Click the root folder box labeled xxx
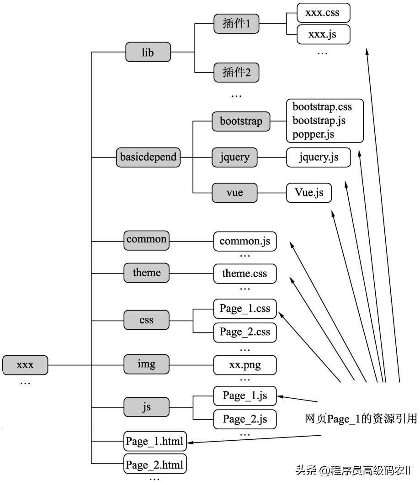coord(25,365)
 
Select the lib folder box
coord(148,53)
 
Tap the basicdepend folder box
coord(148,158)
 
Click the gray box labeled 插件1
coord(236,24)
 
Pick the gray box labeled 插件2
coord(236,72)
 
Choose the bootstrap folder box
coord(241,121)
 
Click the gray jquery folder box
coord(235,158)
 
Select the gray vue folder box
coord(234,193)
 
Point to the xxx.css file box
coord(323,13)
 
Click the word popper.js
coord(314,134)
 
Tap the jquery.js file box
coord(319,158)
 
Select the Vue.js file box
coord(308,193)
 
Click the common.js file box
coord(245,241)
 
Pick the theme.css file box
coord(245,274)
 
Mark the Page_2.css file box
coord(245,331)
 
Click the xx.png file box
coord(245,365)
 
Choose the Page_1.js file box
coord(245,395)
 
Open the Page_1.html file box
coord(155,442)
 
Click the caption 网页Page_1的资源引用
coord(361,419)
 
